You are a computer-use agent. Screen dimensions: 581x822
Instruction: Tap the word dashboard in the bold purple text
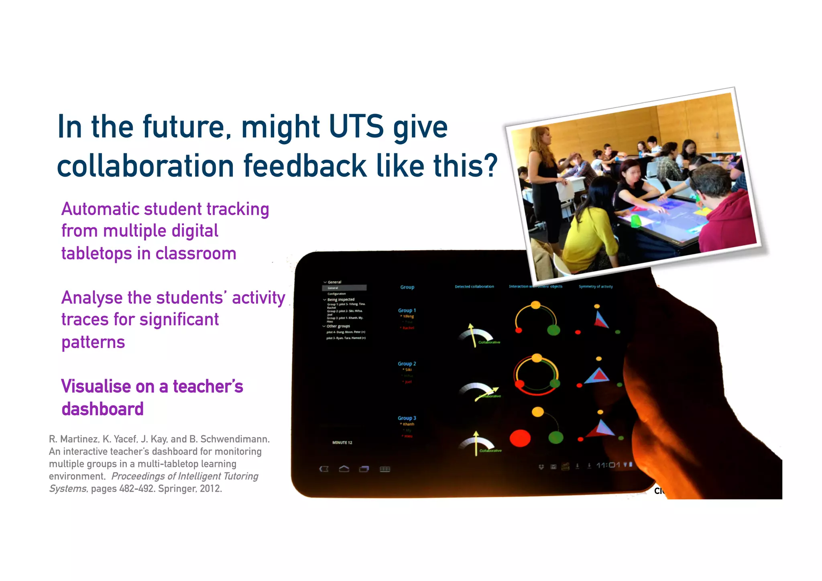click(x=102, y=409)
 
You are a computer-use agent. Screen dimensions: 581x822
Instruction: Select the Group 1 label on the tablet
click(x=407, y=310)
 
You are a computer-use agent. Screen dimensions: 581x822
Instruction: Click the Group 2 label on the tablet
click(x=407, y=364)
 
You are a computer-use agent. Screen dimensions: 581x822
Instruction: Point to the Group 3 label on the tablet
click(x=407, y=418)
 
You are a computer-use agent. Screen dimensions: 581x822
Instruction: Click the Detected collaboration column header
click(x=474, y=287)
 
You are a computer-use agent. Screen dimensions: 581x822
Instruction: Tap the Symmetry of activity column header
click(x=596, y=287)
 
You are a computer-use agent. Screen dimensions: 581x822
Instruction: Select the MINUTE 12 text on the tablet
click(x=342, y=442)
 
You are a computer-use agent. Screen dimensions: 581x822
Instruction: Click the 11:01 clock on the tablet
click(x=608, y=465)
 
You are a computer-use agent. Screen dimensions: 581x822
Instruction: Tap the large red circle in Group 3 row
click(x=520, y=438)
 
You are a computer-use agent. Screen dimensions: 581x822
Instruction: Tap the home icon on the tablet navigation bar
click(x=344, y=469)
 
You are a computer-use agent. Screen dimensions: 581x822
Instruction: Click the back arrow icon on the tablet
click(x=324, y=469)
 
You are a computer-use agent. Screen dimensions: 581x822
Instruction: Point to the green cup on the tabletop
click(x=636, y=220)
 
